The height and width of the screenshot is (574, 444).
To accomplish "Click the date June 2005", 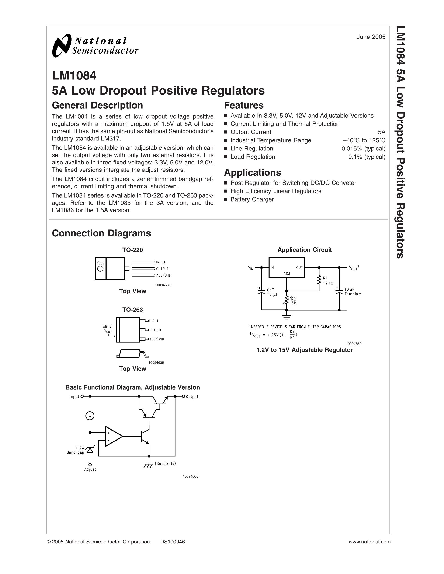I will (371, 37).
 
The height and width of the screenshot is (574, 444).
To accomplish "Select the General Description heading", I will (97, 105).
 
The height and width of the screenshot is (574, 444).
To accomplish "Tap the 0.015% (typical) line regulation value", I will (363, 149).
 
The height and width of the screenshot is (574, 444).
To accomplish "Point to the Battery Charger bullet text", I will (252, 199).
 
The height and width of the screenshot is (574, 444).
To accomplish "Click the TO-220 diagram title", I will (132, 250).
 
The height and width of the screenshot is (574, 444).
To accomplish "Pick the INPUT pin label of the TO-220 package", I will (161, 262).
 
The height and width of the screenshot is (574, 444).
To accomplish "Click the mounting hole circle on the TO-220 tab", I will (100, 269).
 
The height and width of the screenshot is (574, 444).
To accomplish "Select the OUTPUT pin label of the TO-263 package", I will (155, 330).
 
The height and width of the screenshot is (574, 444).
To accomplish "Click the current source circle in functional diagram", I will (90, 416).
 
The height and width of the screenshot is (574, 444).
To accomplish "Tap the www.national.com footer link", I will (370, 542).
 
